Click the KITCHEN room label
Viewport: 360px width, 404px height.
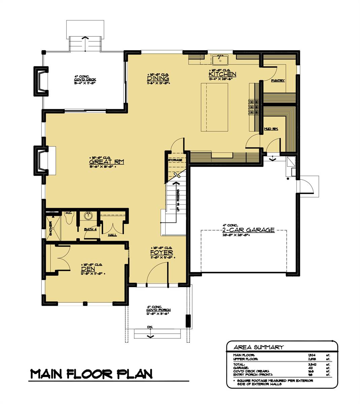point(222,74)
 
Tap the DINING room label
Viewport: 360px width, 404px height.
point(158,78)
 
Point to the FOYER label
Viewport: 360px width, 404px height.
point(162,252)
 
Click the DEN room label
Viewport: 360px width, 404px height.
point(87,269)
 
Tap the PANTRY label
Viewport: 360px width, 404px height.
point(279,80)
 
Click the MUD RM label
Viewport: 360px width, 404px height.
point(271,129)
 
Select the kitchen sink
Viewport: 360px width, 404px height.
point(220,60)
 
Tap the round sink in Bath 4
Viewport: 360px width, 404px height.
point(89,215)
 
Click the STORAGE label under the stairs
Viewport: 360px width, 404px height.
point(175,160)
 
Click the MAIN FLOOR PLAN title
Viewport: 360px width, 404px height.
point(91,374)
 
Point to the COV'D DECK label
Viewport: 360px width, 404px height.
point(85,79)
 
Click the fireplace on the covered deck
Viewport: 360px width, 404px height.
point(40,81)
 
